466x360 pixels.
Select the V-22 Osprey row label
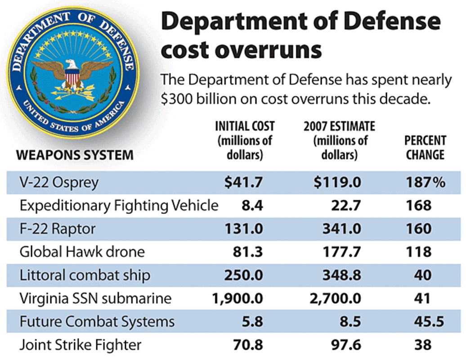coord(59,183)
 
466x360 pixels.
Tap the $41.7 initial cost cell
coord(244,183)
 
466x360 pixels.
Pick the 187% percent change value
coord(425,183)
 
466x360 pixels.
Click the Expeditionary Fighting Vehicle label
coord(119,206)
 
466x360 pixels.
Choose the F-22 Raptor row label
coord(58,229)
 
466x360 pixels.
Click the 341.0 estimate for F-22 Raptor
coord(341,229)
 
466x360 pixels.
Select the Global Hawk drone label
coord(82,252)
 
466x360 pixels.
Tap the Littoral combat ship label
coord(85,275)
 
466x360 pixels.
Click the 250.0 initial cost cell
coord(244,275)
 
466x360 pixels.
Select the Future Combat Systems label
coord(97,322)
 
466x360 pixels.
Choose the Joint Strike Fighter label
coord(81,345)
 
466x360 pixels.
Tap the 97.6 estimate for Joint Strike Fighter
coord(345,345)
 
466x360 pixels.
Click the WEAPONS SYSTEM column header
coord(75,156)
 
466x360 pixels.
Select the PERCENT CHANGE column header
coord(425,148)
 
